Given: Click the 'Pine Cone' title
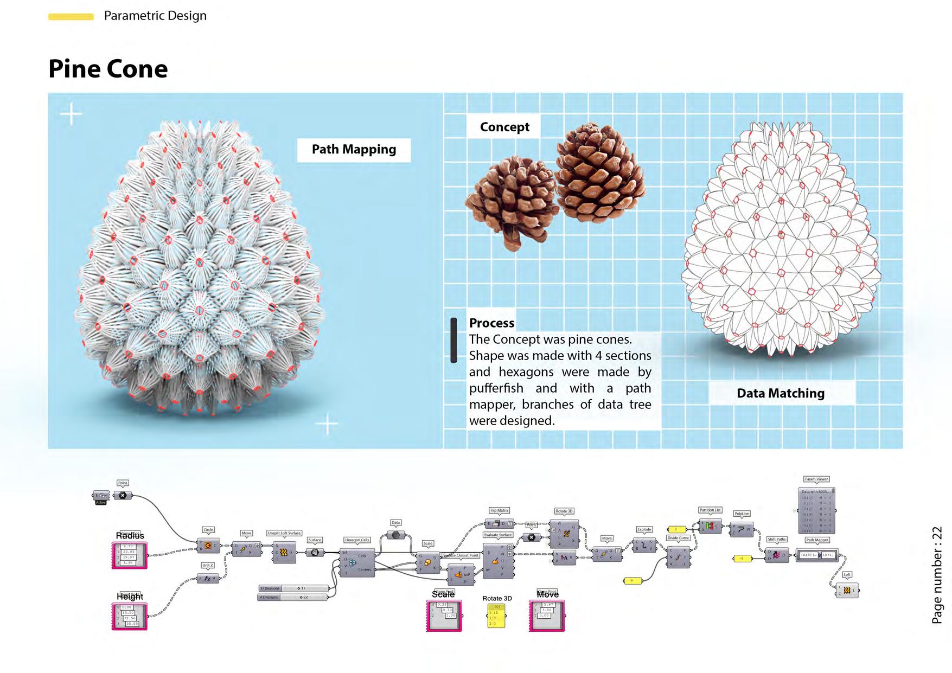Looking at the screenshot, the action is pyautogui.click(x=108, y=69).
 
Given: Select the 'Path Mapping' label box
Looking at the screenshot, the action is pyautogui.click(x=354, y=150).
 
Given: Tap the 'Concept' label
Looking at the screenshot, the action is pyautogui.click(x=504, y=127).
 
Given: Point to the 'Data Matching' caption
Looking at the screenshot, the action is pyautogui.click(x=780, y=393).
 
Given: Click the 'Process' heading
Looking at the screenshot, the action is pyautogui.click(x=491, y=323).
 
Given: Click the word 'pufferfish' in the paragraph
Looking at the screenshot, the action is pyautogui.click(x=496, y=388).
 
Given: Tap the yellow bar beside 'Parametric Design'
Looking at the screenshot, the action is pyautogui.click(x=71, y=17).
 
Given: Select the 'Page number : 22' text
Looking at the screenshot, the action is pyautogui.click(x=937, y=575).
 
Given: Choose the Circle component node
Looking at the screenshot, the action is pyautogui.click(x=208, y=546).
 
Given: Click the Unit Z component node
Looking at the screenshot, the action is pyautogui.click(x=207, y=579).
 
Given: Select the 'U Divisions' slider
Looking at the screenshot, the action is pyautogui.click(x=293, y=588).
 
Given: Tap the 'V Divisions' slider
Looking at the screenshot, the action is pyautogui.click(x=292, y=598).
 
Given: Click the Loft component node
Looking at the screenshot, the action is pyautogui.click(x=847, y=590).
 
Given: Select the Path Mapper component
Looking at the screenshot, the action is pyautogui.click(x=817, y=555).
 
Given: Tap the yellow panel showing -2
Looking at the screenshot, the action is pyautogui.click(x=742, y=558).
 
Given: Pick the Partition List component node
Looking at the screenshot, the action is pyautogui.click(x=710, y=525).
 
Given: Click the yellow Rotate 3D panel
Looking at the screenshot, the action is pyautogui.click(x=496, y=616).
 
